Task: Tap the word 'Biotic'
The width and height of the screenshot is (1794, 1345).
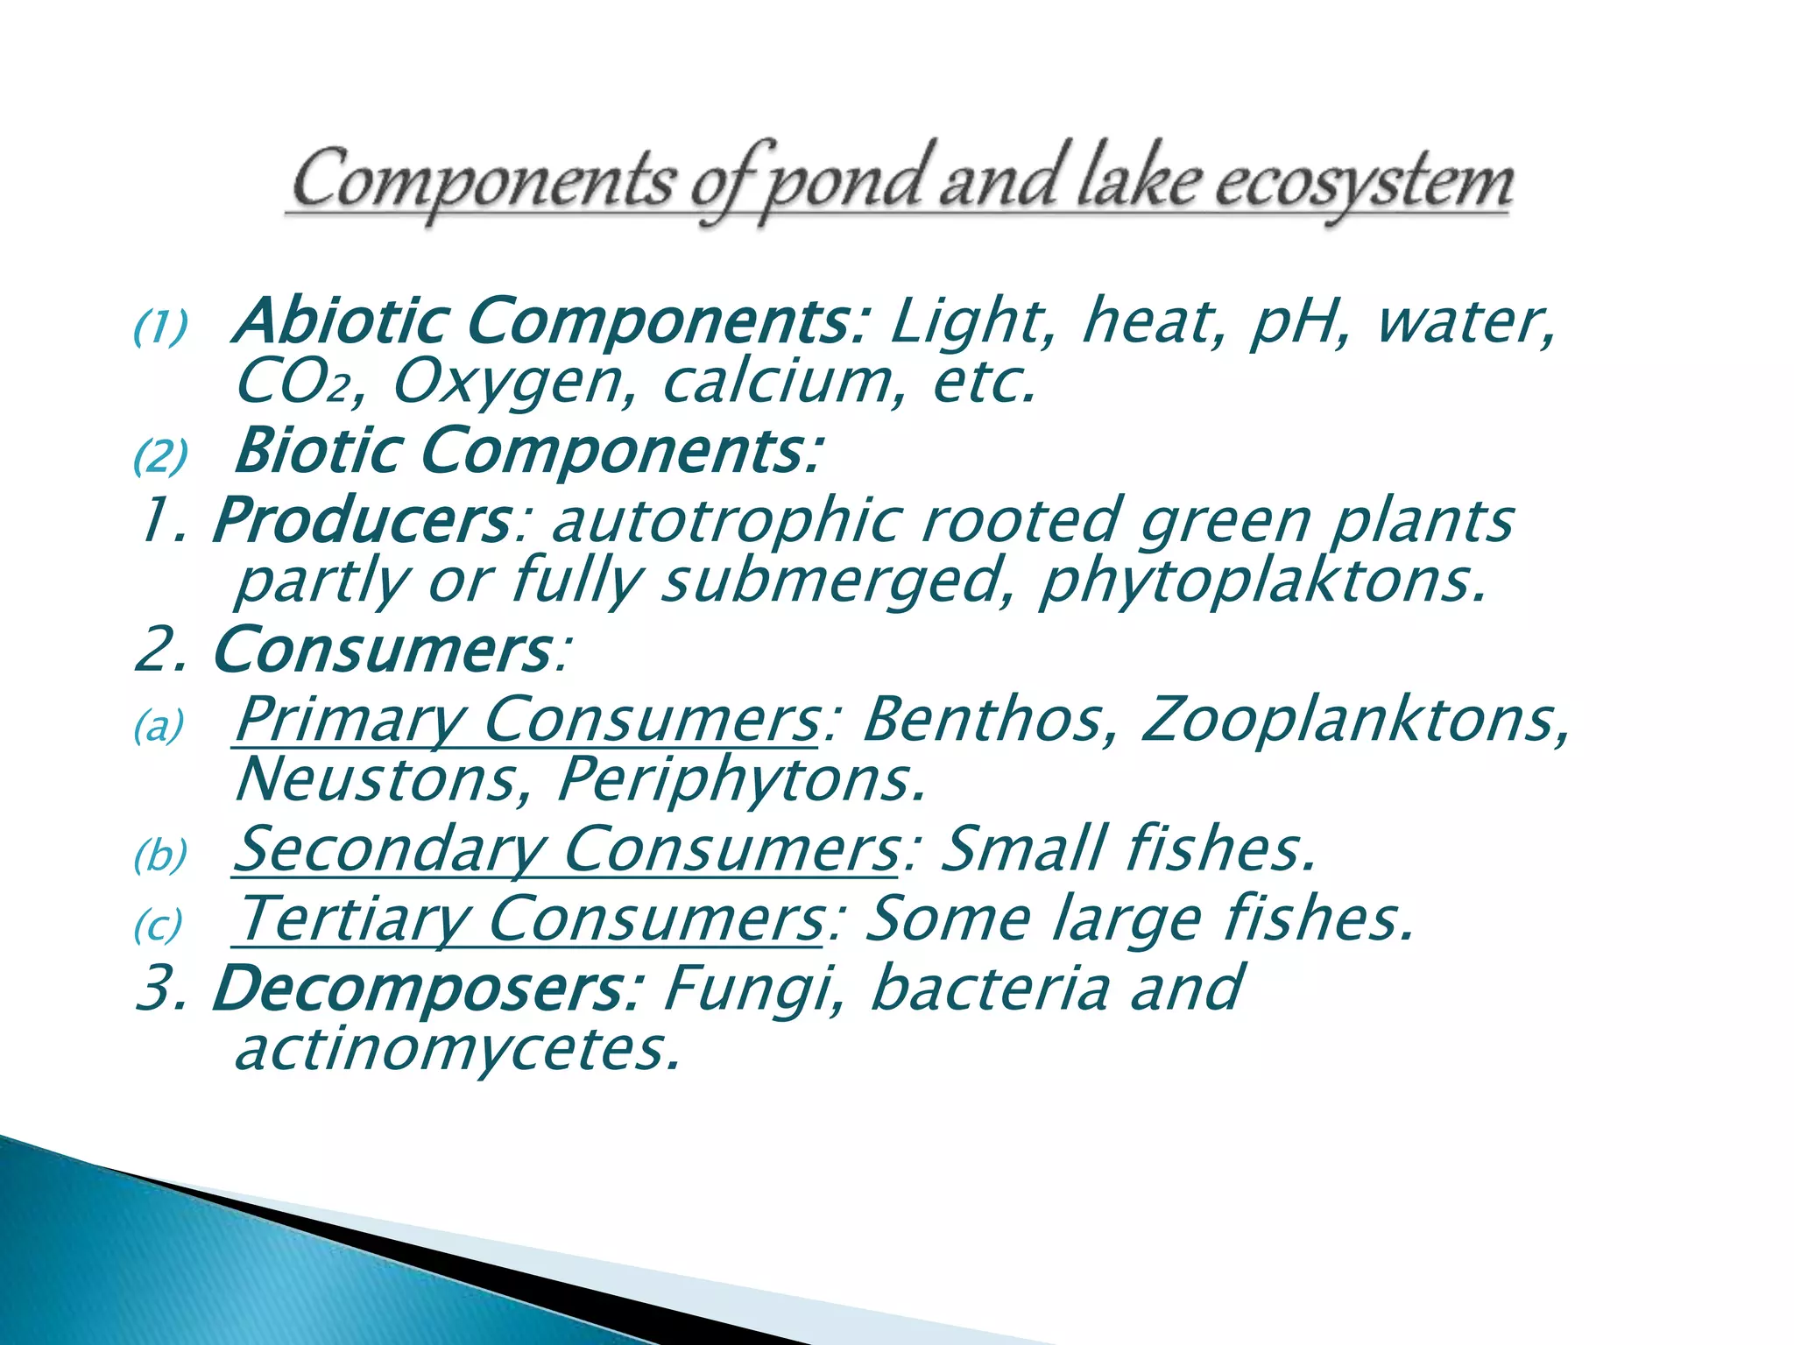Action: click(315, 450)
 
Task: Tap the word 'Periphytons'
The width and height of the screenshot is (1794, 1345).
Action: click(741, 779)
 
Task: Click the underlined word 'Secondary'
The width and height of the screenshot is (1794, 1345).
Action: click(389, 849)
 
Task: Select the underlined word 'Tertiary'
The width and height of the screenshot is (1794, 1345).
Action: click(350, 919)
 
